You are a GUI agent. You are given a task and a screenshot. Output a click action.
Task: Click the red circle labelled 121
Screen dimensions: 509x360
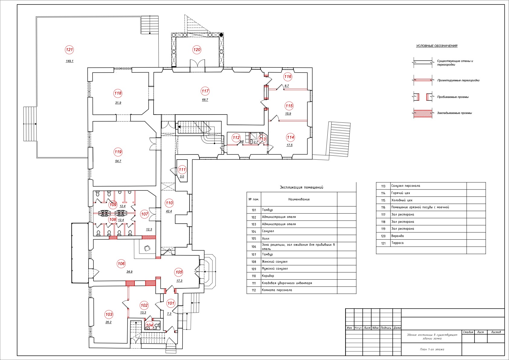[x=70, y=50]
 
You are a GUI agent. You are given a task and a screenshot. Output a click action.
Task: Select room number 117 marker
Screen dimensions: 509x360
[x=205, y=91]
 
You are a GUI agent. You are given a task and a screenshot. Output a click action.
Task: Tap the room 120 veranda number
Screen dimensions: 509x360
[x=197, y=50]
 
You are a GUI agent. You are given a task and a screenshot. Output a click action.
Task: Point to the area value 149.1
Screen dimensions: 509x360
[x=70, y=61]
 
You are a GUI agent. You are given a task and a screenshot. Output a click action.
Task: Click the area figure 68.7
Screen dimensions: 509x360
[x=205, y=100]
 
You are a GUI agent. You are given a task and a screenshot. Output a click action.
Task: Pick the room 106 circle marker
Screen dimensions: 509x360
[x=121, y=264]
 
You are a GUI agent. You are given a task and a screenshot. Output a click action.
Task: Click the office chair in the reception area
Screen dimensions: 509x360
[x=147, y=248]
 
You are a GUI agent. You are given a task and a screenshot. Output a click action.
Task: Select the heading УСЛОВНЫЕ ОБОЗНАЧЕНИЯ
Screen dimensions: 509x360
[x=436, y=46]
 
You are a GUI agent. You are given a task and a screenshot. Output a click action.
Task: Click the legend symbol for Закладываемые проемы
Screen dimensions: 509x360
[x=423, y=113]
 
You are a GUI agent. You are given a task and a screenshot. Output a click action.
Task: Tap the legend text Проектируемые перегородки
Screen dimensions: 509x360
[x=458, y=80]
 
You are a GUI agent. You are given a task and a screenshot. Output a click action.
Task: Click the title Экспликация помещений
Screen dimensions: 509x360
[x=301, y=187]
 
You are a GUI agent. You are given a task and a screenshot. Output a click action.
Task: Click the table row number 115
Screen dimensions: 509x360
[x=383, y=200]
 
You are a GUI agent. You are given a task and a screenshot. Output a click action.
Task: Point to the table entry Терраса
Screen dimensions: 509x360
[x=397, y=243]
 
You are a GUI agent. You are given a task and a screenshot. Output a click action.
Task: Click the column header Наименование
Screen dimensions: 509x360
[x=299, y=199]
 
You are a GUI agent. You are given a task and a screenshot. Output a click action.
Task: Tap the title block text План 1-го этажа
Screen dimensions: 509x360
[x=432, y=349]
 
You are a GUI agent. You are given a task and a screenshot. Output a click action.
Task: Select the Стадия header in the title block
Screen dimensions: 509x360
[x=468, y=332]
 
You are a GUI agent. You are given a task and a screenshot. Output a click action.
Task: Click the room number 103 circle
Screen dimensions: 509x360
[x=109, y=314]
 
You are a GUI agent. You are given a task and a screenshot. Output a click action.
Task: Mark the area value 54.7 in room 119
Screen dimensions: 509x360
[x=118, y=161]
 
